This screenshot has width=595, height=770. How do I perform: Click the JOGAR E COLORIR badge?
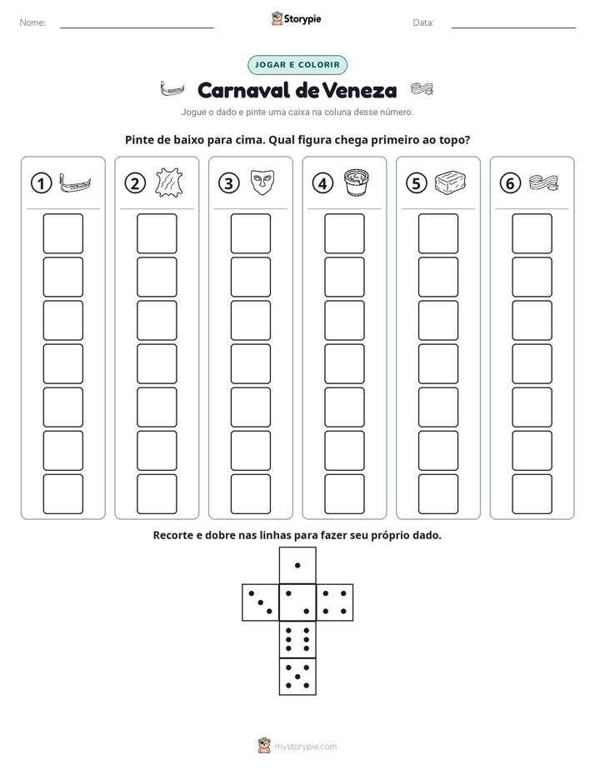[x=297, y=65]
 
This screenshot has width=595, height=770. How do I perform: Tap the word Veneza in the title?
[x=360, y=90]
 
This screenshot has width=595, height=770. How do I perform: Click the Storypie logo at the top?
[x=296, y=18]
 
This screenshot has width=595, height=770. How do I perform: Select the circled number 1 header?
[x=41, y=183]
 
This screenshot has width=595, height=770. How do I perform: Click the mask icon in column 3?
[x=262, y=182]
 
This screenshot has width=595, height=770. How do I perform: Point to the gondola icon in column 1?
[x=75, y=182]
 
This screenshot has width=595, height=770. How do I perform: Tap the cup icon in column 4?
[x=356, y=182]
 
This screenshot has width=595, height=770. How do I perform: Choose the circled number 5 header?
[x=417, y=183]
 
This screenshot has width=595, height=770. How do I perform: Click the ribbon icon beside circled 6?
[x=544, y=182]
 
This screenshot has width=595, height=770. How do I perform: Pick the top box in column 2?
[x=157, y=233]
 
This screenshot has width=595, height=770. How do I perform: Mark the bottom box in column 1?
[x=62, y=494]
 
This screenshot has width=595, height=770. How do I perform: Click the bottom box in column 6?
[x=532, y=494]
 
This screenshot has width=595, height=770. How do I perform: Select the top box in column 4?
[x=344, y=233]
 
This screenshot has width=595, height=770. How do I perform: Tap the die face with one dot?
[x=297, y=565]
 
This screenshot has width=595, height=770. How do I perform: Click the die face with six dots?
[x=297, y=639]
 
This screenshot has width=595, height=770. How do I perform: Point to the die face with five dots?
[x=297, y=677]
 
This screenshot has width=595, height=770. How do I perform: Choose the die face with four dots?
[x=335, y=602]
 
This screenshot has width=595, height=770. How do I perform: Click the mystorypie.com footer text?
[x=305, y=747]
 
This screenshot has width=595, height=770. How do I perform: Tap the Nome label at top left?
[x=32, y=22]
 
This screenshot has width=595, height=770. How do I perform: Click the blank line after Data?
[x=513, y=27]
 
